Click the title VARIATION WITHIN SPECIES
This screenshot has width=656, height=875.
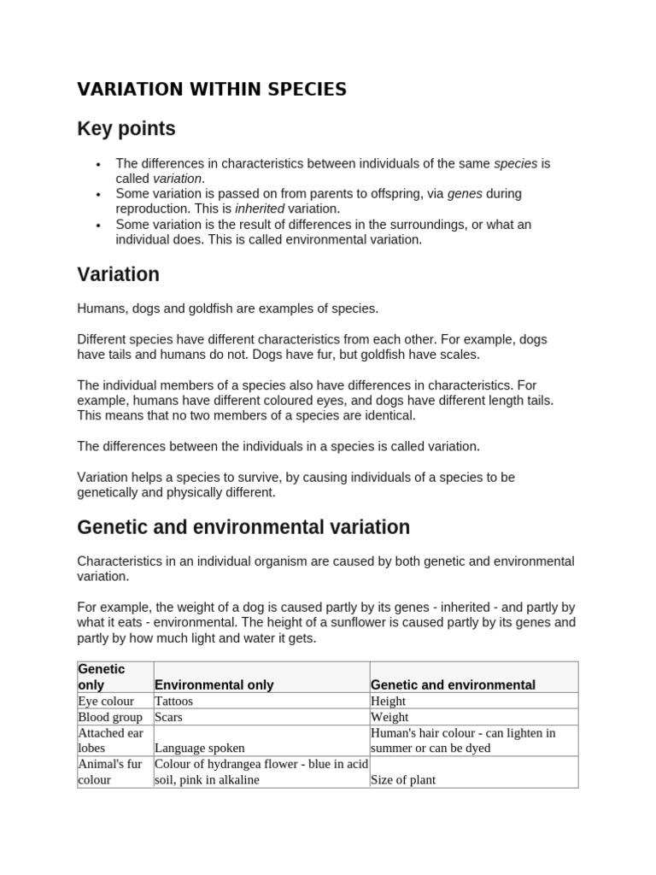tap(212, 90)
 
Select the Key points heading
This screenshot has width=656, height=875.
tap(126, 129)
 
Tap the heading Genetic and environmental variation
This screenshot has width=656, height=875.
tap(243, 527)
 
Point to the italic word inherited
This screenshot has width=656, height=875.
tap(260, 208)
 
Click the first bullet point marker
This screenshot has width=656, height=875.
tap(99, 164)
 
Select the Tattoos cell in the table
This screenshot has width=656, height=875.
tap(173, 701)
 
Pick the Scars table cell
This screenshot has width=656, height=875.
tap(168, 717)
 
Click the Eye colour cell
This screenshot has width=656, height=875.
tap(106, 701)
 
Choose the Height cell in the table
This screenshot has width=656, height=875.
tap(389, 701)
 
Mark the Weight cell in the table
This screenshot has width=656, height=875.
tap(389, 717)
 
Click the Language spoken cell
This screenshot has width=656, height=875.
tap(199, 748)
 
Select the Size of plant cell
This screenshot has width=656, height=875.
tap(403, 779)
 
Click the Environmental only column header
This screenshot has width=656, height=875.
tap(214, 684)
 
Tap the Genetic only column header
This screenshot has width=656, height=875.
tap(101, 677)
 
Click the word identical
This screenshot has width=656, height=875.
tap(386, 415)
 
